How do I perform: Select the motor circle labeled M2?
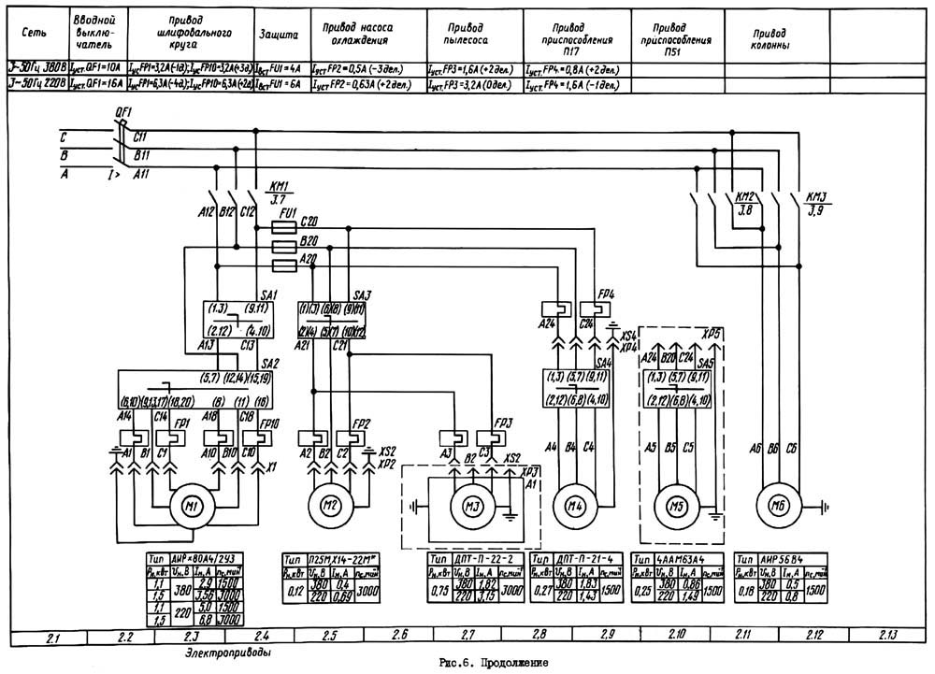click(x=330, y=506)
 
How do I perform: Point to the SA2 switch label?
click(x=269, y=364)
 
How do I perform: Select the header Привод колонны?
click(x=770, y=37)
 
